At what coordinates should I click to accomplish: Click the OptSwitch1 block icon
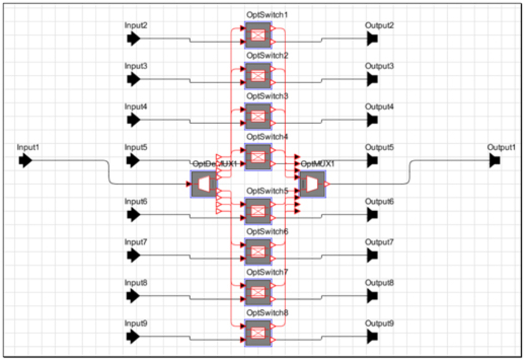click(258, 35)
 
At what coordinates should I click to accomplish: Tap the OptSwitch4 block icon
click(258, 157)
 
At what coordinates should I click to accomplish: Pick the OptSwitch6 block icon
click(258, 251)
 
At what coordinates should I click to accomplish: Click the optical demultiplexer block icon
click(203, 184)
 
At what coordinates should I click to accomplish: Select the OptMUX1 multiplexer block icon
click(312, 184)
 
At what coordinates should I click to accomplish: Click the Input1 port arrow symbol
click(25, 161)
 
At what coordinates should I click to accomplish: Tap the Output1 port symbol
click(495, 161)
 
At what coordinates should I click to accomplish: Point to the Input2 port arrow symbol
click(133, 39)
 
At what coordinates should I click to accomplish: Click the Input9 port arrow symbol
click(133, 337)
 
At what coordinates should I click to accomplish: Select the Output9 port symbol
click(372, 337)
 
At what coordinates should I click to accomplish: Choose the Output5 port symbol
click(372, 161)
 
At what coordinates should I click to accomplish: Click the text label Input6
click(136, 201)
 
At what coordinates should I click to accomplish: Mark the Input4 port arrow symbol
click(133, 119)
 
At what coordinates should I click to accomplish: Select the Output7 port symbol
click(372, 254)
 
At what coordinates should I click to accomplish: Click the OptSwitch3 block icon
click(258, 115)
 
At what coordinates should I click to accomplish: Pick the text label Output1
click(500, 147)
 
